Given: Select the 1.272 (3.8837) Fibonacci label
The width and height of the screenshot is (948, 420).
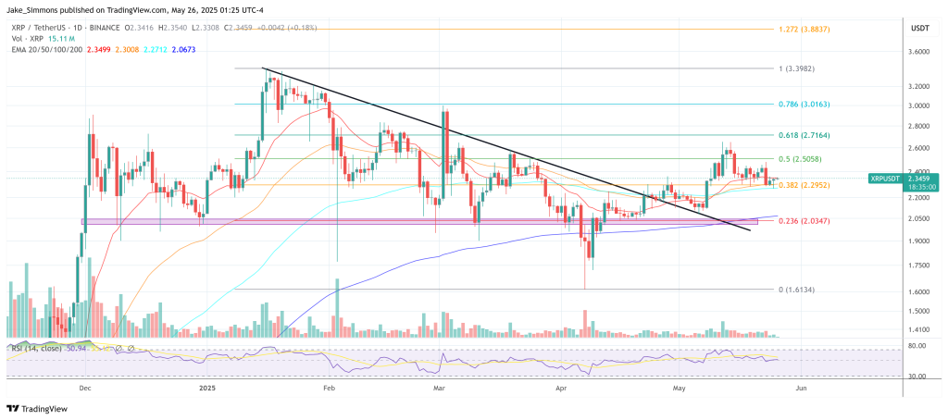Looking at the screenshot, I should pos(808,29).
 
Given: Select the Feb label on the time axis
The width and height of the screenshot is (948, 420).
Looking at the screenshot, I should pos(328,389).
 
